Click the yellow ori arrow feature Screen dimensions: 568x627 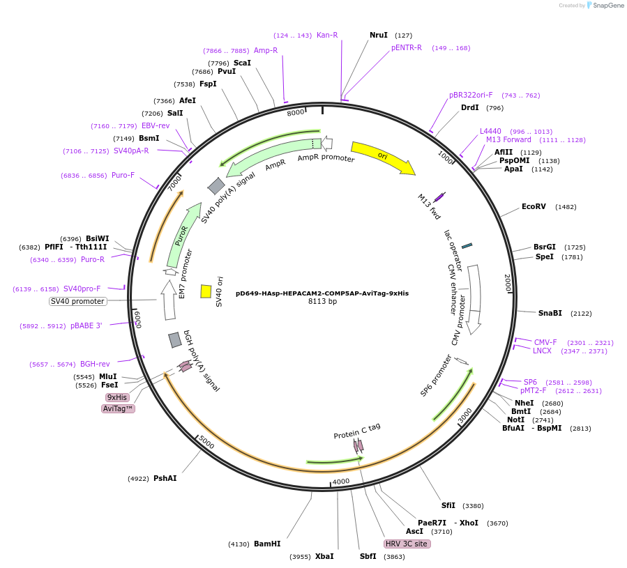[x=382, y=157]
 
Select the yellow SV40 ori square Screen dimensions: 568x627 [x=206, y=291]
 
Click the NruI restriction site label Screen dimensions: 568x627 [x=379, y=35]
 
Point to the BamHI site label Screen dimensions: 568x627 [x=267, y=544]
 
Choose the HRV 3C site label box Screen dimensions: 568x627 [x=407, y=544]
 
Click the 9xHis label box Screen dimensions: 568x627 [x=117, y=397]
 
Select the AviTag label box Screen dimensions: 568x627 [x=118, y=408]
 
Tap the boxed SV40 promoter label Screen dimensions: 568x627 [x=78, y=301]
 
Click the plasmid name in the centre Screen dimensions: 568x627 [x=322, y=293]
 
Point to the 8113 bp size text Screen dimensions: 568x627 [x=322, y=302]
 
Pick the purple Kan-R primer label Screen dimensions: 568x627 [x=327, y=35]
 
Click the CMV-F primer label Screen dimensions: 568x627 [x=545, y=342]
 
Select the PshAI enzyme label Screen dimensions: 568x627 [x=165, y=478]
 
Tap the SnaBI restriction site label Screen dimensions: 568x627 [x=550, y=313]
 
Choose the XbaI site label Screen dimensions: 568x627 [x=324, y=556]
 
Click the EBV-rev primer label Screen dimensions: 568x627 [x=156, y=125]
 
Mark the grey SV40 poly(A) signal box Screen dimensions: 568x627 [x=216, y=186]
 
